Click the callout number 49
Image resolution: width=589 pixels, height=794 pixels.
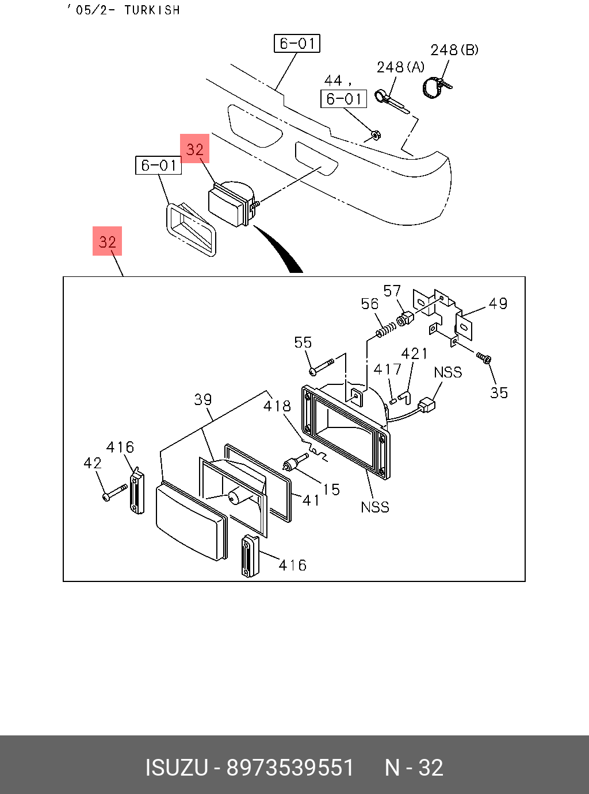pos(498,303)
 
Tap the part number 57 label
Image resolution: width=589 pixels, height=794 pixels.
pos(392,291)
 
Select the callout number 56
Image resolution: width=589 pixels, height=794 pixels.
pos(370,303)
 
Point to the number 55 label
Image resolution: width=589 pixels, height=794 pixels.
pos(303,342)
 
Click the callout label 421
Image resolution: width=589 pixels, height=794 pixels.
pos(414,353)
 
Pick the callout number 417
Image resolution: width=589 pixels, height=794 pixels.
pos(387,369)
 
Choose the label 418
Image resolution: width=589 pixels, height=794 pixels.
pos(277,406)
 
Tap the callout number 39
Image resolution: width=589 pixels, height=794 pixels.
pos(202,399)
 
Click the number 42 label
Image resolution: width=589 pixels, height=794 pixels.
pos(93,463)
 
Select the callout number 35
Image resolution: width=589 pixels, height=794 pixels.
pos(499,393)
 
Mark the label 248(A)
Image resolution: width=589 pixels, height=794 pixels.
pos(400,67)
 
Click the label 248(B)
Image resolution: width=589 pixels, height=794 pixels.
pos(454,50)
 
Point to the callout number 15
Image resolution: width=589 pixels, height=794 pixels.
pos(331,489)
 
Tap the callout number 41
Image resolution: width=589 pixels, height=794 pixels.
pos(311,500)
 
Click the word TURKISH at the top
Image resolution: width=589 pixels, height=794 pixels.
pos(152,10)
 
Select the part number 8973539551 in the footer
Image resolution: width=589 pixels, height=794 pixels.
pos(290,768)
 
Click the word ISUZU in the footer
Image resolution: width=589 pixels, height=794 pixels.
pos(176,768)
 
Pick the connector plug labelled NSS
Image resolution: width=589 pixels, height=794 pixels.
pos(426,405)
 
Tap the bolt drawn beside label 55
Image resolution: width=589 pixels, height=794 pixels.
pos(322,366)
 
